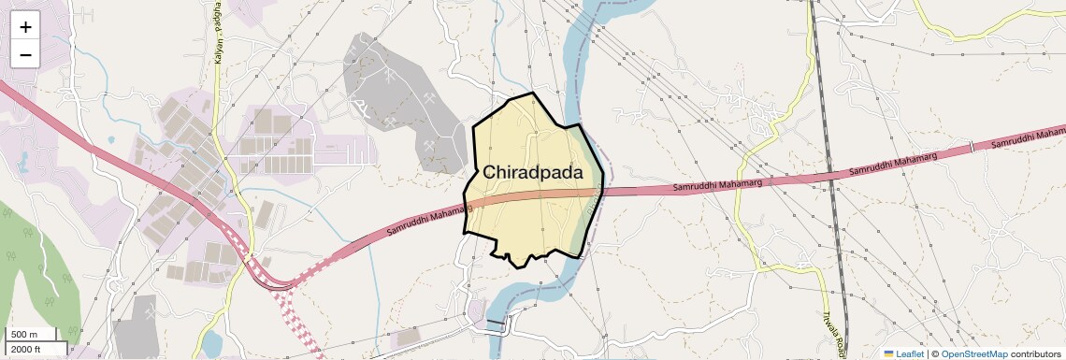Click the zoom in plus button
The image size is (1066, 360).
25,27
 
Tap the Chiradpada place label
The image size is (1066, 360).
532,173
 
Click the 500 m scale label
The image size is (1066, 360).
24,335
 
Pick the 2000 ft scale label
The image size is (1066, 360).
25,349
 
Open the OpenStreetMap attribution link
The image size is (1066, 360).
974,353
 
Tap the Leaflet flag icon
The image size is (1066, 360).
889,353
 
